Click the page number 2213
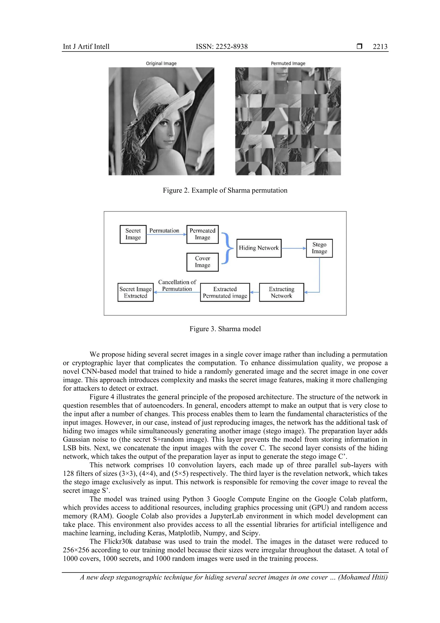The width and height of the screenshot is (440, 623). point(380,47)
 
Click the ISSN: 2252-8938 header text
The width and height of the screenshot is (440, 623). point(222,47)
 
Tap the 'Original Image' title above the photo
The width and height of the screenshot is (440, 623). point(161,63)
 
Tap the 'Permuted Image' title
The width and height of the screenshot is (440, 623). point(288,63)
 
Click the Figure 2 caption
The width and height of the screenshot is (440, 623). point(225,191)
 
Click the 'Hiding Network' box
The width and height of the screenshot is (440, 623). point(259,248)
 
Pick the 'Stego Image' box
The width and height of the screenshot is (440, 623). point(319,248)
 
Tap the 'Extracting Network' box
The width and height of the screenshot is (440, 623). point(281,292)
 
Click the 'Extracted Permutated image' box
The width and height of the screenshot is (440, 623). point(225,292)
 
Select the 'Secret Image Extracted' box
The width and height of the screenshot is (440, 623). point(135,292)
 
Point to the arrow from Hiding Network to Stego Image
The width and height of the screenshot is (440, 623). point(293,248)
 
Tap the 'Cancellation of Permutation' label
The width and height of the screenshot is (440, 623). point(177,285)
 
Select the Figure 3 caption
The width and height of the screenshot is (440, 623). point(225,329)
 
